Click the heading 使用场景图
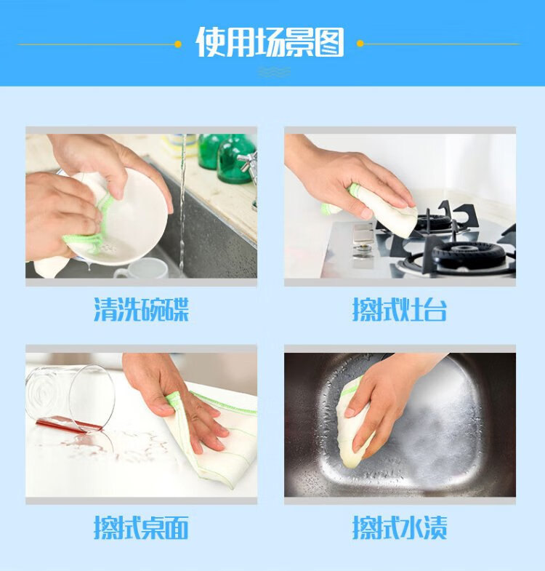click(270, 42)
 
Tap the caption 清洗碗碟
click(142, 310)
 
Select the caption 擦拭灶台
click(400, 310)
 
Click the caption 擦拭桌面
click(141, 527)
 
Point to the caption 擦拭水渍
click(400, 527)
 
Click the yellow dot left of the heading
click(178, 44)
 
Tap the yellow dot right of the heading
click(360, 44)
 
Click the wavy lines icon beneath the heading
click(274, 72)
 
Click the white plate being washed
click(131, 218)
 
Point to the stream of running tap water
click(182, 204)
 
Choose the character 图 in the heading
click(329, 43)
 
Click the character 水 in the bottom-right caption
click(411, 527)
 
